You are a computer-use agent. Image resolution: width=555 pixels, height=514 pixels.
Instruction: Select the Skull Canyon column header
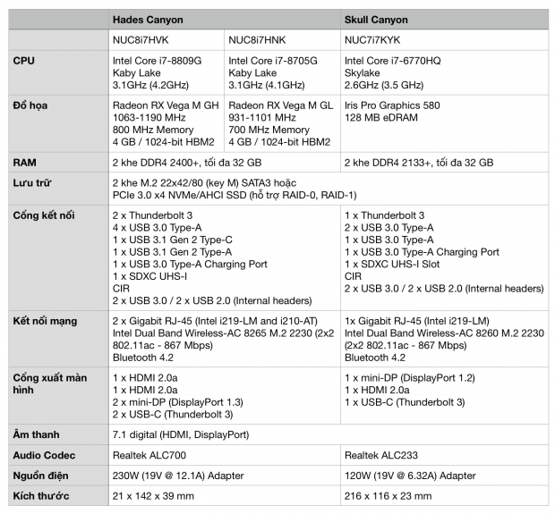point(380,19)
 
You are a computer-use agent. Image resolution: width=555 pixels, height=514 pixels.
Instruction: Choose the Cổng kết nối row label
point(44,215)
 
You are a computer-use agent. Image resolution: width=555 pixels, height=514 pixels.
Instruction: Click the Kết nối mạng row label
point(45,321)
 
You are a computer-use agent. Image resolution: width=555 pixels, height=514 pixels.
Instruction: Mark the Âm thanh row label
point(37,434)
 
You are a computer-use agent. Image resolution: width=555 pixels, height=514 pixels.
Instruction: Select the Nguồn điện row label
point(41,476)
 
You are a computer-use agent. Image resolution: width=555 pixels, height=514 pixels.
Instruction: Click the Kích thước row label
point(40,496)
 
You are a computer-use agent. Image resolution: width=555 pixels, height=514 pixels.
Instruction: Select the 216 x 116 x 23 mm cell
point(388,496)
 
